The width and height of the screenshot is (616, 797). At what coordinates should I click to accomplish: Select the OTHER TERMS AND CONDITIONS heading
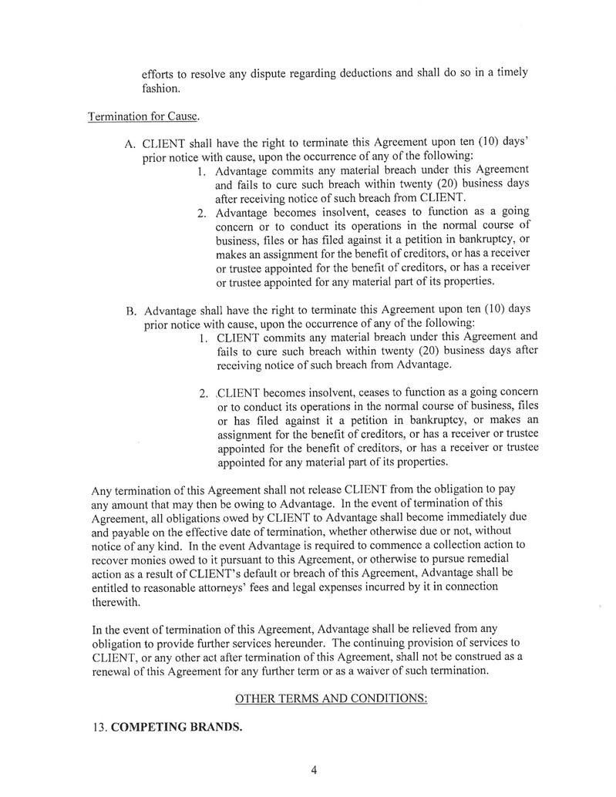[x=331, y=698]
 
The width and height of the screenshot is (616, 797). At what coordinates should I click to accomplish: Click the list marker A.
[x=130, y=143]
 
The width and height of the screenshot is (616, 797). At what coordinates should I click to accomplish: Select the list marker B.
[x=130, y=311]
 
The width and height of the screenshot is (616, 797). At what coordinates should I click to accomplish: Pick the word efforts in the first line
[x=159, y=74]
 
